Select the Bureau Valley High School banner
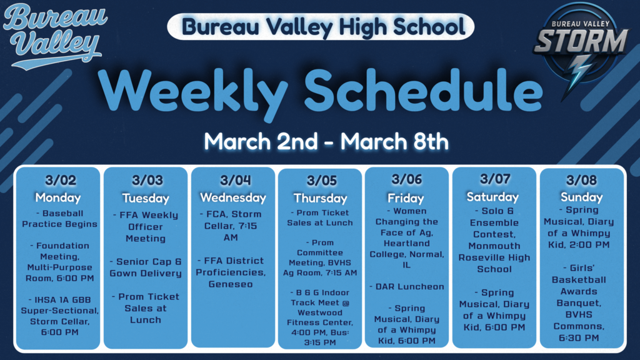pyautogui.click(x=321, y=27)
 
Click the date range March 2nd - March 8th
pyautogui.click(x=326, y=141)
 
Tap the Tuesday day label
pyautogui.click(x=146, y=198)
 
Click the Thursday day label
pyautogui.click(x=320, y=198)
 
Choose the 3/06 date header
pyautogui.click(x=407, y=179)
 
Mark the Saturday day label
pyautogui.click(x=492, y=197)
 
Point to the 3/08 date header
pyautogui.click(x=581, y=181)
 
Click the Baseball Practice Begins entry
pyautogui.click(x=59, y=219)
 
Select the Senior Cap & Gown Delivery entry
pyautogui.click(x=146, y=267)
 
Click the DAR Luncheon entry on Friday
pyautogui.click(x=407, y=287)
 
